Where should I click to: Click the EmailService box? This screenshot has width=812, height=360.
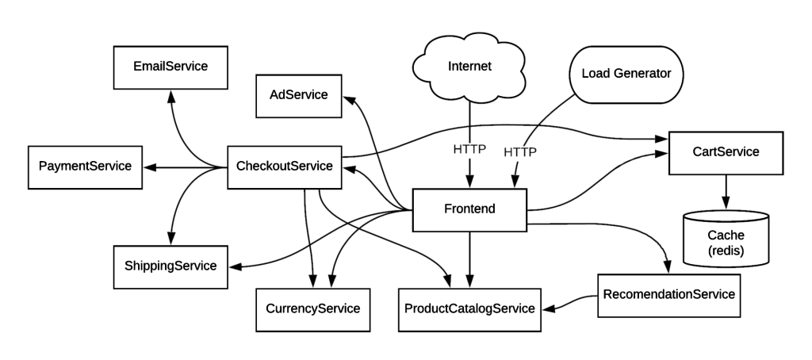click(x=170, y=67)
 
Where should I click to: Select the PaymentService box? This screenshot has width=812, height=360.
click(x=85, y=167)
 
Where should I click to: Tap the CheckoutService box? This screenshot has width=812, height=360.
click(x=285, y=167)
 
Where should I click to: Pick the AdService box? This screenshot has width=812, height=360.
click(x=299, y=95)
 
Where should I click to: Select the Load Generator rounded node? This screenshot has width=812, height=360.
click(x=626, y=74)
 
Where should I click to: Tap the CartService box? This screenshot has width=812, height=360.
click(x=726, y=152)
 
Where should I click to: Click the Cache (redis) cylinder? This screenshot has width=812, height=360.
click(x=726, y=239)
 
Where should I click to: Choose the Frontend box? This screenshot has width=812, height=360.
click(x=469, y=209)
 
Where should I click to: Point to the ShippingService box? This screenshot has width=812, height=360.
click(x=170, y=266)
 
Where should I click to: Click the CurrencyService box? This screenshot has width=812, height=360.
click(x=312, y=309)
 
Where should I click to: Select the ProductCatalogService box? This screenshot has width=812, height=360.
click(x=469, y=309)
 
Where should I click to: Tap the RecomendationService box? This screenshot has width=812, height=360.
click(x=669, y=295)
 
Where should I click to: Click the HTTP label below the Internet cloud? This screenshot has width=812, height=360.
click(x=469, y=150)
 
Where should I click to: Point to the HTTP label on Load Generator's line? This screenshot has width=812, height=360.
click(x=520, y=152)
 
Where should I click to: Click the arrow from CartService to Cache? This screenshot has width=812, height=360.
click(x=726, y=192)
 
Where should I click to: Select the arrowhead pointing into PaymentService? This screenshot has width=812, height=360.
click(x=149, y=167)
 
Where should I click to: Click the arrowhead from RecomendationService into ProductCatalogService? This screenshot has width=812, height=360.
click(x=549, y=308)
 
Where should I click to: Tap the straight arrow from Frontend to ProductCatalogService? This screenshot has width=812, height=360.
click(x=469, y=259)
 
